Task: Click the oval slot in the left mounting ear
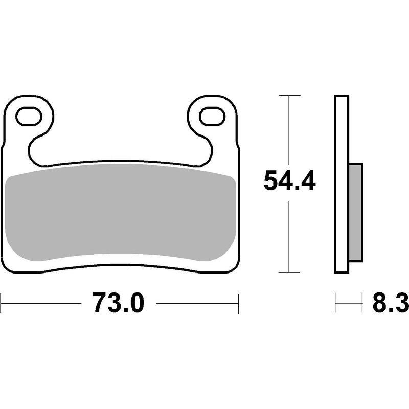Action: coord(29,117)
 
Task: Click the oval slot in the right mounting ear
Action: coord(212,117)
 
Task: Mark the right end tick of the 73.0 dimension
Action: coord(239,303)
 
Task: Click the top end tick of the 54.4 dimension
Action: coord(290,95)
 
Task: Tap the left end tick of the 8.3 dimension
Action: coord(335,303)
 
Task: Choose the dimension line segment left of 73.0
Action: coord(41,303)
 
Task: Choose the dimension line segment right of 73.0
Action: coord(197,303)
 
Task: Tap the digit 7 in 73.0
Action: coord(100,303)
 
